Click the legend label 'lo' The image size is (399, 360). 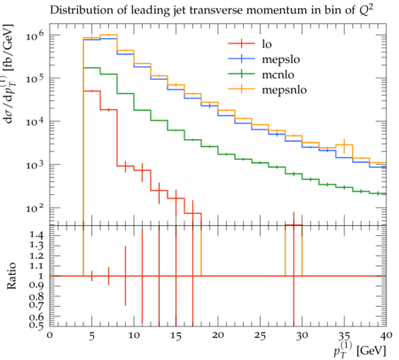click(267, 43)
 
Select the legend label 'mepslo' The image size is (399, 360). click(281, 59)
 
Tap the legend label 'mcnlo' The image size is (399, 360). click(278, 74)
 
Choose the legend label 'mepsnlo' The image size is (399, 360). click(285, 90)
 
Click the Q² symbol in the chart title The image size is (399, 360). click(366, 10)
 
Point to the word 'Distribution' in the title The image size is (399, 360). click(78, 11)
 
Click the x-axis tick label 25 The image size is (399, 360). click(260, 336)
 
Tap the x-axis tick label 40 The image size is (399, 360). click(387, 335)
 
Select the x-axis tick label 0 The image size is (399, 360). click(50, 335)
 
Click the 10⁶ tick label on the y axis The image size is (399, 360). click(35, 36)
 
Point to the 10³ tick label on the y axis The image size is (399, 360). click(35, 165)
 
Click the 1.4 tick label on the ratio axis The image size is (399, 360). click(36, 235)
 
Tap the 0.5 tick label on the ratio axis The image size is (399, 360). click(36, 325)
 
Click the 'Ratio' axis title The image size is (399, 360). click(12, 276)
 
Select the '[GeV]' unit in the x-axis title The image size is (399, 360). click(372, 351)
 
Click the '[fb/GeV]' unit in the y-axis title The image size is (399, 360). click(9, 47)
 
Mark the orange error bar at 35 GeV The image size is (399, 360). click(344, 145)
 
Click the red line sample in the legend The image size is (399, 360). click(241, 43)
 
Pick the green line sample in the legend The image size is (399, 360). click(241, 74)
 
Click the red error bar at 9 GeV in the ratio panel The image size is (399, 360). click(125, 276)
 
